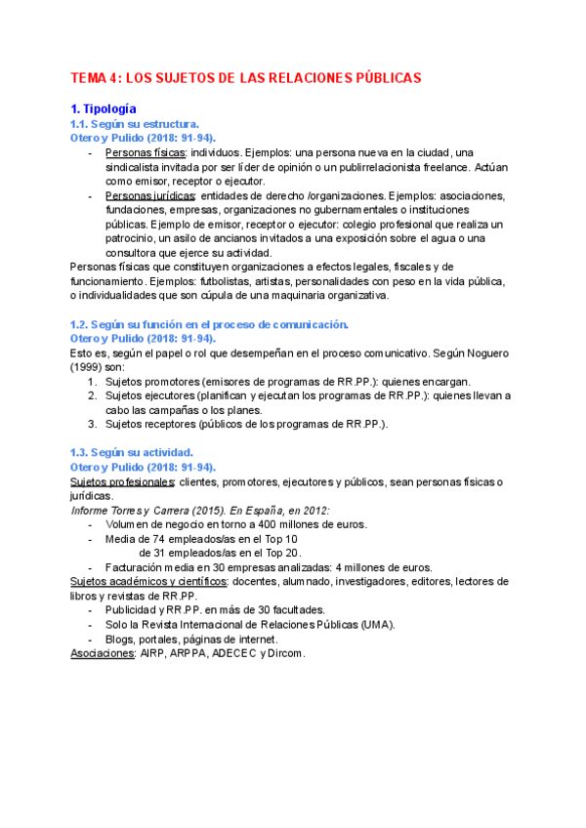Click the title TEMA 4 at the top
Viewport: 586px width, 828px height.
[x=246, y=77]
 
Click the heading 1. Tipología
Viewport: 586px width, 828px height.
[x=105, y=108]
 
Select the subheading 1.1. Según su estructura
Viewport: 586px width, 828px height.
[x=135, y=124]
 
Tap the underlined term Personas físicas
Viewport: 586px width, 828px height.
[x=146, y=153]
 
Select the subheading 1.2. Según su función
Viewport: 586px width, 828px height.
[x=209, y=324]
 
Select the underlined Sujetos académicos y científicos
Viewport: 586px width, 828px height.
[x=149, y=581]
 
